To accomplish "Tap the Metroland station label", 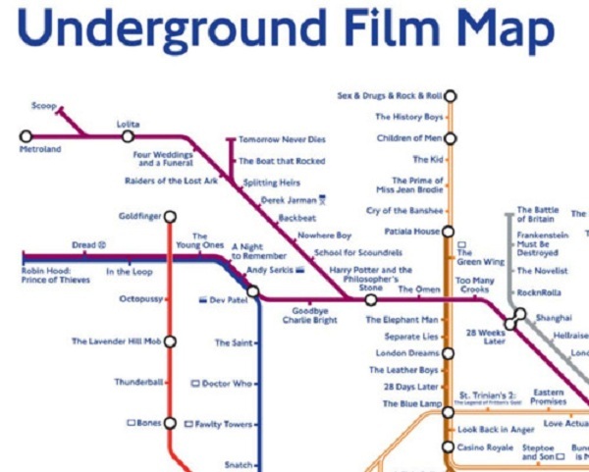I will (40, 149).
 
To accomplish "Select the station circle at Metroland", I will (26, 135).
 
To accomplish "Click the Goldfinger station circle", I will (170, 216).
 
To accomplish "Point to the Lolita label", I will (128, 124).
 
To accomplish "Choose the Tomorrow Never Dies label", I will (280, 139).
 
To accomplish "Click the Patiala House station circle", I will (449, 232).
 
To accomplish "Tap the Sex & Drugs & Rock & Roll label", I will (389, 96).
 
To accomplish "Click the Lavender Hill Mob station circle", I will (170, 341).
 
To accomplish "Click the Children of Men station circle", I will (449, 138).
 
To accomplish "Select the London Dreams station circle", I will (449, 353).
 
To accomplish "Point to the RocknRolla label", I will (543, 291).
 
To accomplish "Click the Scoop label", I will (43, 106).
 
